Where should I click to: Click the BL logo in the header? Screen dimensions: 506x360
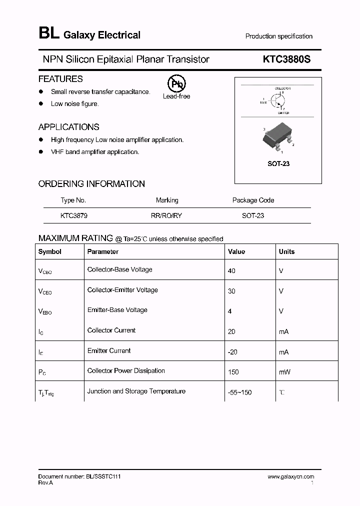(x=48, y=34)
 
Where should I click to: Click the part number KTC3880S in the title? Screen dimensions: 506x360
(x=286, y=59)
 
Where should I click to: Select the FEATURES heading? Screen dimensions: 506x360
(x=60, y=79)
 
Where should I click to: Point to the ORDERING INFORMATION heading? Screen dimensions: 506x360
(x=91, y=183)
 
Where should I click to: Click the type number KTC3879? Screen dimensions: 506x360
(x=74, y=215)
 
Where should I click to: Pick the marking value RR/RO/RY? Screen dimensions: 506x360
(x=167, y=215)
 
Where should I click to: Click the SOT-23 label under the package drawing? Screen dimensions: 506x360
(x=278, y=163)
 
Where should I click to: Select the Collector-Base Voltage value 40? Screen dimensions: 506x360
(x=231, y=270)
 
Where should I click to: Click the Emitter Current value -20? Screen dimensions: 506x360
(x=232, y=352)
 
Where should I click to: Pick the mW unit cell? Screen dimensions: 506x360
(x=284, y=372)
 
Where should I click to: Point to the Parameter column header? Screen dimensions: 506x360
(x=103, y=251)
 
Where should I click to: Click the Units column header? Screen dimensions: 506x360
(x=286, y=251)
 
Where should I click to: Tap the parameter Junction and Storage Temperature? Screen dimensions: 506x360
(x=136, y=391)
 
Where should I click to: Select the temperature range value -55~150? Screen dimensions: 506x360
(x=239, y=392)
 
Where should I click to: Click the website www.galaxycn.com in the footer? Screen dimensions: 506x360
(x=291, y=477)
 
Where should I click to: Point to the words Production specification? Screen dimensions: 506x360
(x=278, y=36)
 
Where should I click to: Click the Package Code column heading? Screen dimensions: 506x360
(x=253, y=200)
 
